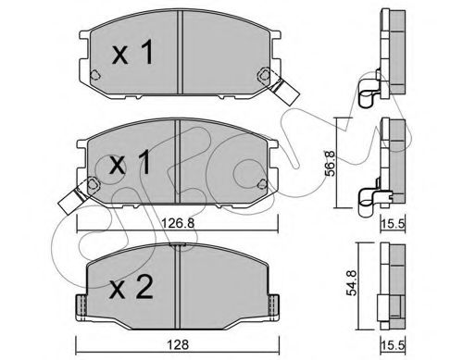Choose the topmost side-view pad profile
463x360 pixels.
tap(388, 46)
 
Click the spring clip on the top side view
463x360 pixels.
tap(371, 93)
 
